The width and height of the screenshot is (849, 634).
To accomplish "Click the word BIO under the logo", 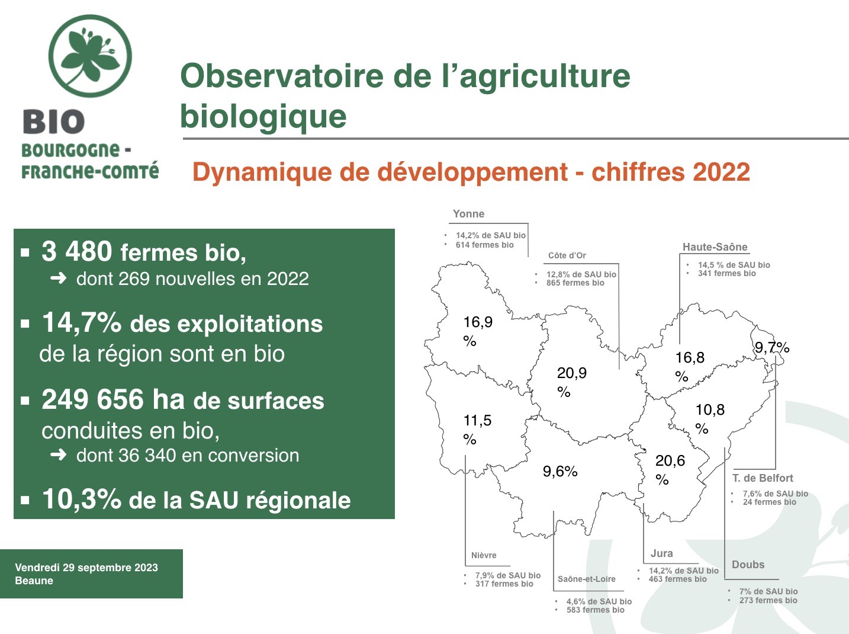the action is (54, 121).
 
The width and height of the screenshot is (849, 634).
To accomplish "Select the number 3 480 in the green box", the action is (77, 251).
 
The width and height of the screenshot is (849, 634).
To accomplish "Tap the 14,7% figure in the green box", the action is (82, 322).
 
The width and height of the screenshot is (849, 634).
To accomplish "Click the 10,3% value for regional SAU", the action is (82, 499).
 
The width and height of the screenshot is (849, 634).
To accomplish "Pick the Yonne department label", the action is (468, 214).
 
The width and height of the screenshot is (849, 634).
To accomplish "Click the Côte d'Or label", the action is (567, 255).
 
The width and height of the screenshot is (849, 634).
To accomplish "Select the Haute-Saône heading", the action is (715, 247).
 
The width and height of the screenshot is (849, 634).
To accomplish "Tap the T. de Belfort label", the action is (763, 478).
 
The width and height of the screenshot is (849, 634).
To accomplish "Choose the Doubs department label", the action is (748, 565).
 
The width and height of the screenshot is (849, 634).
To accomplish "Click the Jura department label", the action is (661, 553).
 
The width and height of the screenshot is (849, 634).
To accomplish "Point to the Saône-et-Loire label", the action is (586, 579).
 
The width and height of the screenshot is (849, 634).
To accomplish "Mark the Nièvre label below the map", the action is (484, 555).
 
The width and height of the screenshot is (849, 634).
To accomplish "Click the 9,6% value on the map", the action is (560, 472).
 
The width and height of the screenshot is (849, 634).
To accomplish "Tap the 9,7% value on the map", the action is (772, 348).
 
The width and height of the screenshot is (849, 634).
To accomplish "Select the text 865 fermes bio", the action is (575, 283).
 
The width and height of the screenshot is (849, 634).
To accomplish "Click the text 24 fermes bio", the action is (769, 502).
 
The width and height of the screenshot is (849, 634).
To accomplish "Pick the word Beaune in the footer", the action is (34, 581).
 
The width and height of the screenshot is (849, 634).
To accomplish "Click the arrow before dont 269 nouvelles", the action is (59, 278).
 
